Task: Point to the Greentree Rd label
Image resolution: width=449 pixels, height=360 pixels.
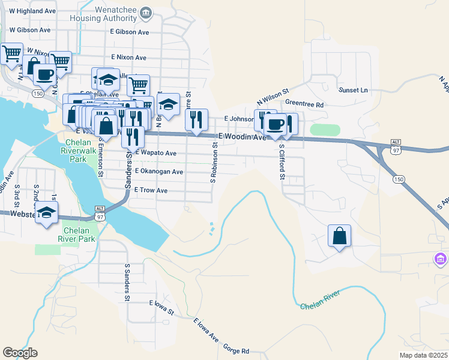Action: (304, 104)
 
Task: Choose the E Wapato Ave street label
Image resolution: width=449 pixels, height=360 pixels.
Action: (155, 154)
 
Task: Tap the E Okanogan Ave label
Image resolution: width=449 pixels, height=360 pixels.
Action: (158, 172)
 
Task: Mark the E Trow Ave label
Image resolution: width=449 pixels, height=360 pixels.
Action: (150, 190)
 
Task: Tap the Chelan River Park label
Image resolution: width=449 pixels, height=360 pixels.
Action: (80, 235)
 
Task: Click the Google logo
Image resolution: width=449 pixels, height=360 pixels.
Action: (20, 353)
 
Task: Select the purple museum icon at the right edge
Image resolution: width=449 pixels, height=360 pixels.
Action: (441, 259)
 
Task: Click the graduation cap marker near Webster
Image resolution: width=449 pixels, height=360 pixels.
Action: (46, 213)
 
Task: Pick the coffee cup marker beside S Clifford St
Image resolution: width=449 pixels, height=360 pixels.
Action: (276, 125)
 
